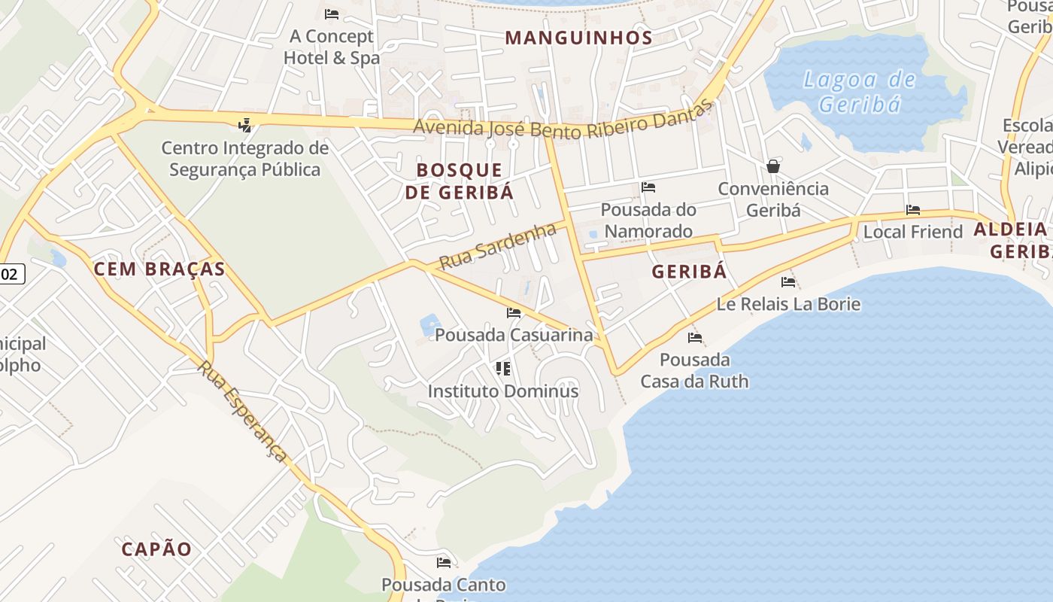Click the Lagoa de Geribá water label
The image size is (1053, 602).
[859, 91]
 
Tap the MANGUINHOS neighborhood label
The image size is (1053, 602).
[578, 38]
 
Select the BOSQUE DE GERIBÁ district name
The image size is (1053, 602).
[459, 181]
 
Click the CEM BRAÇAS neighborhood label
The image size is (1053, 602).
[159, 269]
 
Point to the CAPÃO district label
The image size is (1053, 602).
[157, 549]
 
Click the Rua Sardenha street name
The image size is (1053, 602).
[497, 246]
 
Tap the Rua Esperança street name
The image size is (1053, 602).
[242, 411]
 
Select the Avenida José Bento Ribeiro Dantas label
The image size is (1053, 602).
[561, 123]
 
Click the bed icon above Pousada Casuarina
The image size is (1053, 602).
[514, 312]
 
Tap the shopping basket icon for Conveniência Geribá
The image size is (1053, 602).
[772, 166]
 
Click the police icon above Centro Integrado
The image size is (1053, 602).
[244, 126]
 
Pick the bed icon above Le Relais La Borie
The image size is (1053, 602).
[788, 282]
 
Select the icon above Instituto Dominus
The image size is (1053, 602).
[503, 369]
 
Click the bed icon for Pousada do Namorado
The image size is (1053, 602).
[648, 187]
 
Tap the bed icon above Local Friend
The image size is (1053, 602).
[913, 210]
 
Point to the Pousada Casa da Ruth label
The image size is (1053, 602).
[694, 370]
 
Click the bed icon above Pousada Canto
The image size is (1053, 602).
[444, 562]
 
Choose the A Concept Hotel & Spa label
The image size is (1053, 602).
[332, 47]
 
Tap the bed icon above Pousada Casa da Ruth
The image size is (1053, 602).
[695, 337]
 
